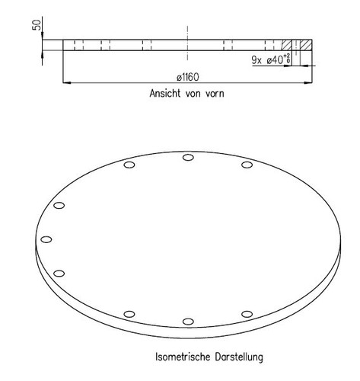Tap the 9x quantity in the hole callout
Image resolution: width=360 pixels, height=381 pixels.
[255, 59]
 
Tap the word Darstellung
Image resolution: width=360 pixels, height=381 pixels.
[238, 355]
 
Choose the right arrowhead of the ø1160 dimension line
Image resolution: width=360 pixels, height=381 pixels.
[309, 82]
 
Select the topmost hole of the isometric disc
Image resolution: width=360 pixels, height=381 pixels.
[187, 158]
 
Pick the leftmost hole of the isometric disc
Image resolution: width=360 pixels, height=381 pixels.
[46, 239]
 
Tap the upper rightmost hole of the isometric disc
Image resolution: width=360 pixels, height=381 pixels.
[247, 165]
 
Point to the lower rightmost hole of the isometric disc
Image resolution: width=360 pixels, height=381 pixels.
[247, 313]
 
